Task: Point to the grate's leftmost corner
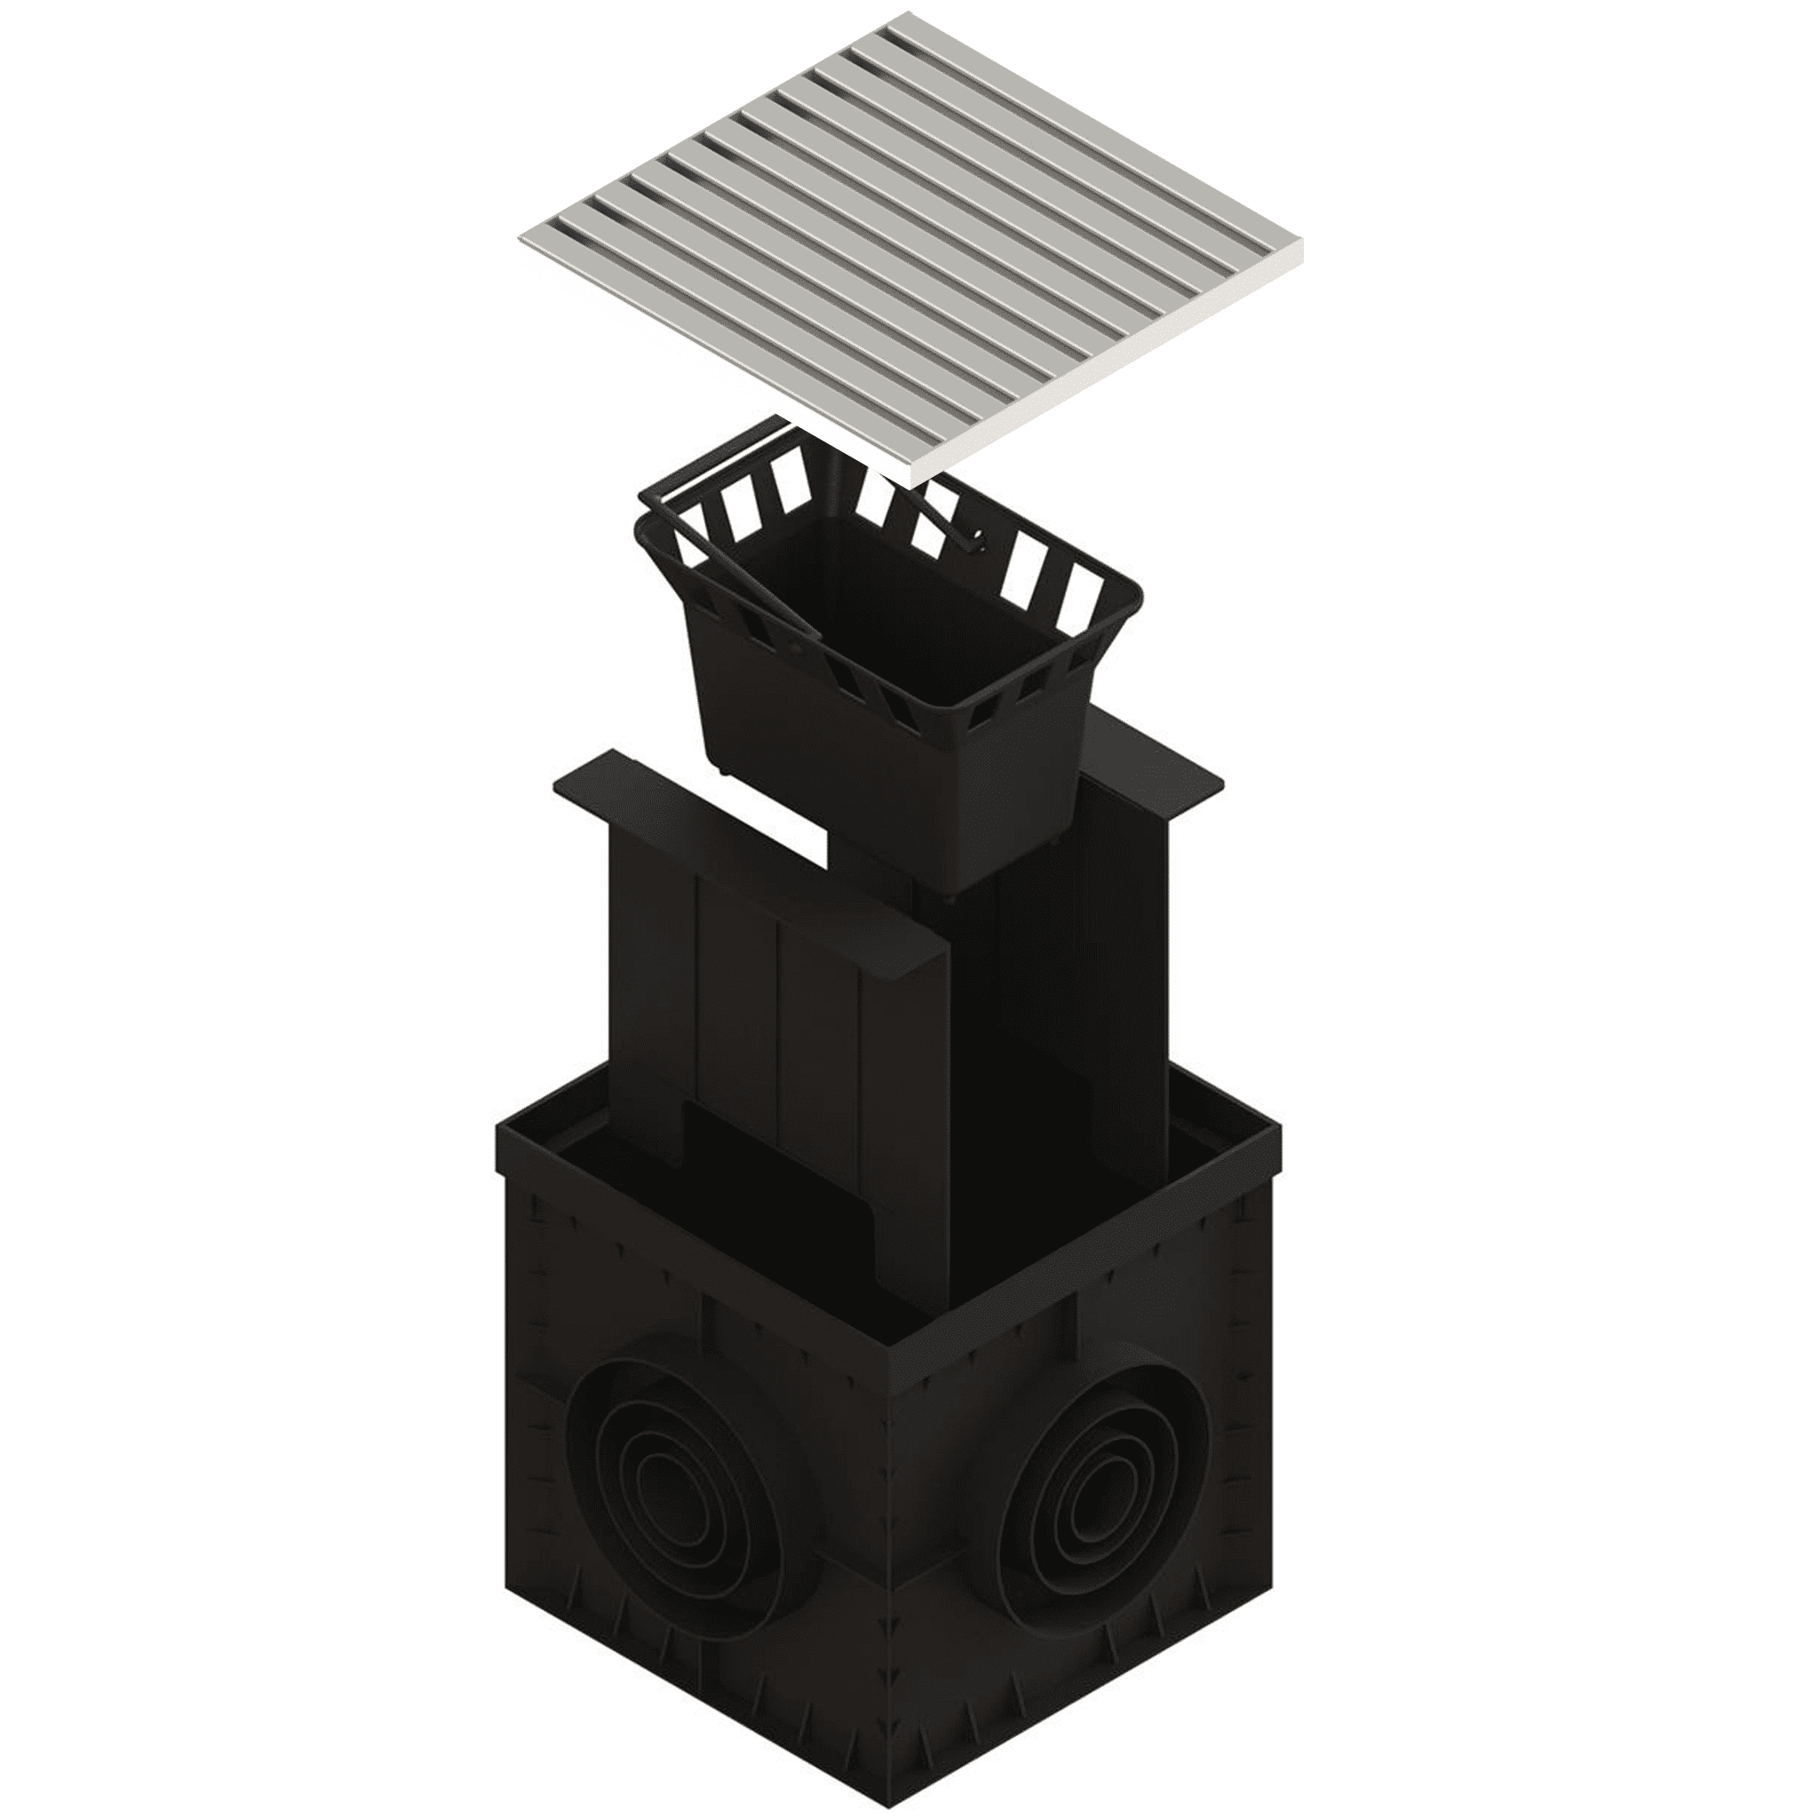[x=520, y=242]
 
